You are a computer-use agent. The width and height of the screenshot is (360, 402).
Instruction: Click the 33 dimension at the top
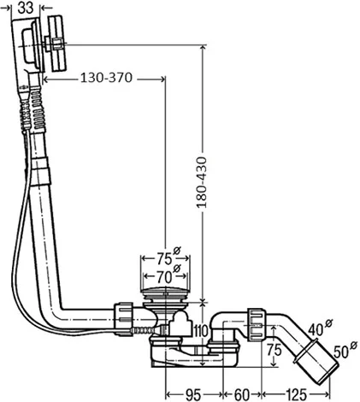(26, 8)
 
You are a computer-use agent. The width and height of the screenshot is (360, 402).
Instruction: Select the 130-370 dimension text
(107, 78)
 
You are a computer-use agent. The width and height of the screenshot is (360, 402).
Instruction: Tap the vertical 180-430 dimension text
(202, 182)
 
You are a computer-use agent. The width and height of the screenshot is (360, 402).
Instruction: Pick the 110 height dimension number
(201, 331)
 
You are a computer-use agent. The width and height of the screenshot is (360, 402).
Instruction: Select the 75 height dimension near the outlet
(274, 350)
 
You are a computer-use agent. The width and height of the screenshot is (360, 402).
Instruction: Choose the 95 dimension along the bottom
(193, 395)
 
